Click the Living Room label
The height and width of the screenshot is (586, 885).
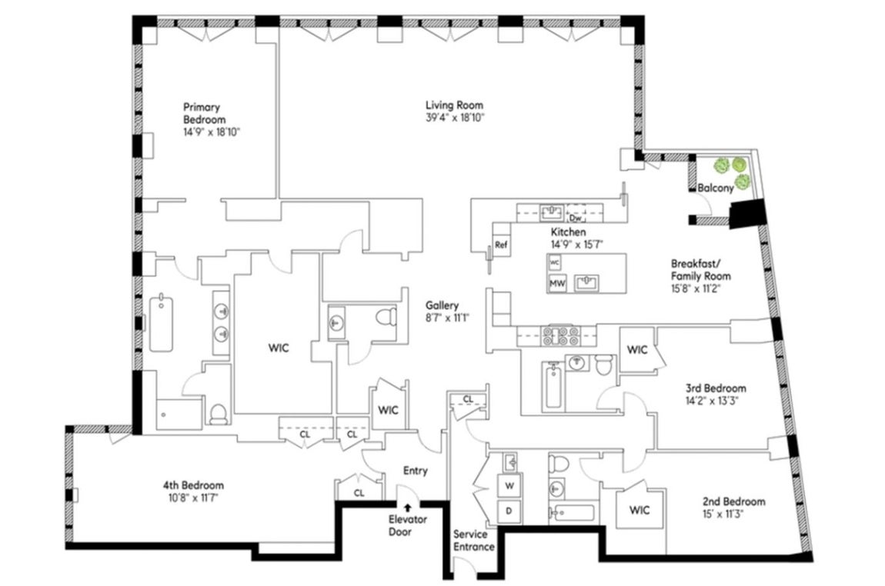(454, 105)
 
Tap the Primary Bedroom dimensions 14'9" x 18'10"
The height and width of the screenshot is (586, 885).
(212, 132)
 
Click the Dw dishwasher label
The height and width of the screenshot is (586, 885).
(575, 218)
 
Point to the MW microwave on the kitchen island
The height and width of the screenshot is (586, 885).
(557, 283)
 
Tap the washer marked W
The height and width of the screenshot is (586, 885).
(509, 485)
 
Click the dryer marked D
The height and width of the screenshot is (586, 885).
(509, 511)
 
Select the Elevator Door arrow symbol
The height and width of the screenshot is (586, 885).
(408, 508)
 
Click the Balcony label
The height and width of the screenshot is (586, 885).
(715, 188)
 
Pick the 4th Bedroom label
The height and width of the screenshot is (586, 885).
(194, 485)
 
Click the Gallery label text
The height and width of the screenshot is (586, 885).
(442, 306)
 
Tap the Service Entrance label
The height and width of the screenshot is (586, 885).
(474, 541)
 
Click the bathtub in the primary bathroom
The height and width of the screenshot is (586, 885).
(162, 323)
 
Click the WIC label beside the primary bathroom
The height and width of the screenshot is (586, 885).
(279, 348)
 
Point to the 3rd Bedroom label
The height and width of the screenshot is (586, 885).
(716, 388)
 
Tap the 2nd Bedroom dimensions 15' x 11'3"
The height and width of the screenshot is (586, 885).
(734, 514)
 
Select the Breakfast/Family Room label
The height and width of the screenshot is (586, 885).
(701, 270)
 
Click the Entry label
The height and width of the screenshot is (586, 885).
(416, 471)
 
